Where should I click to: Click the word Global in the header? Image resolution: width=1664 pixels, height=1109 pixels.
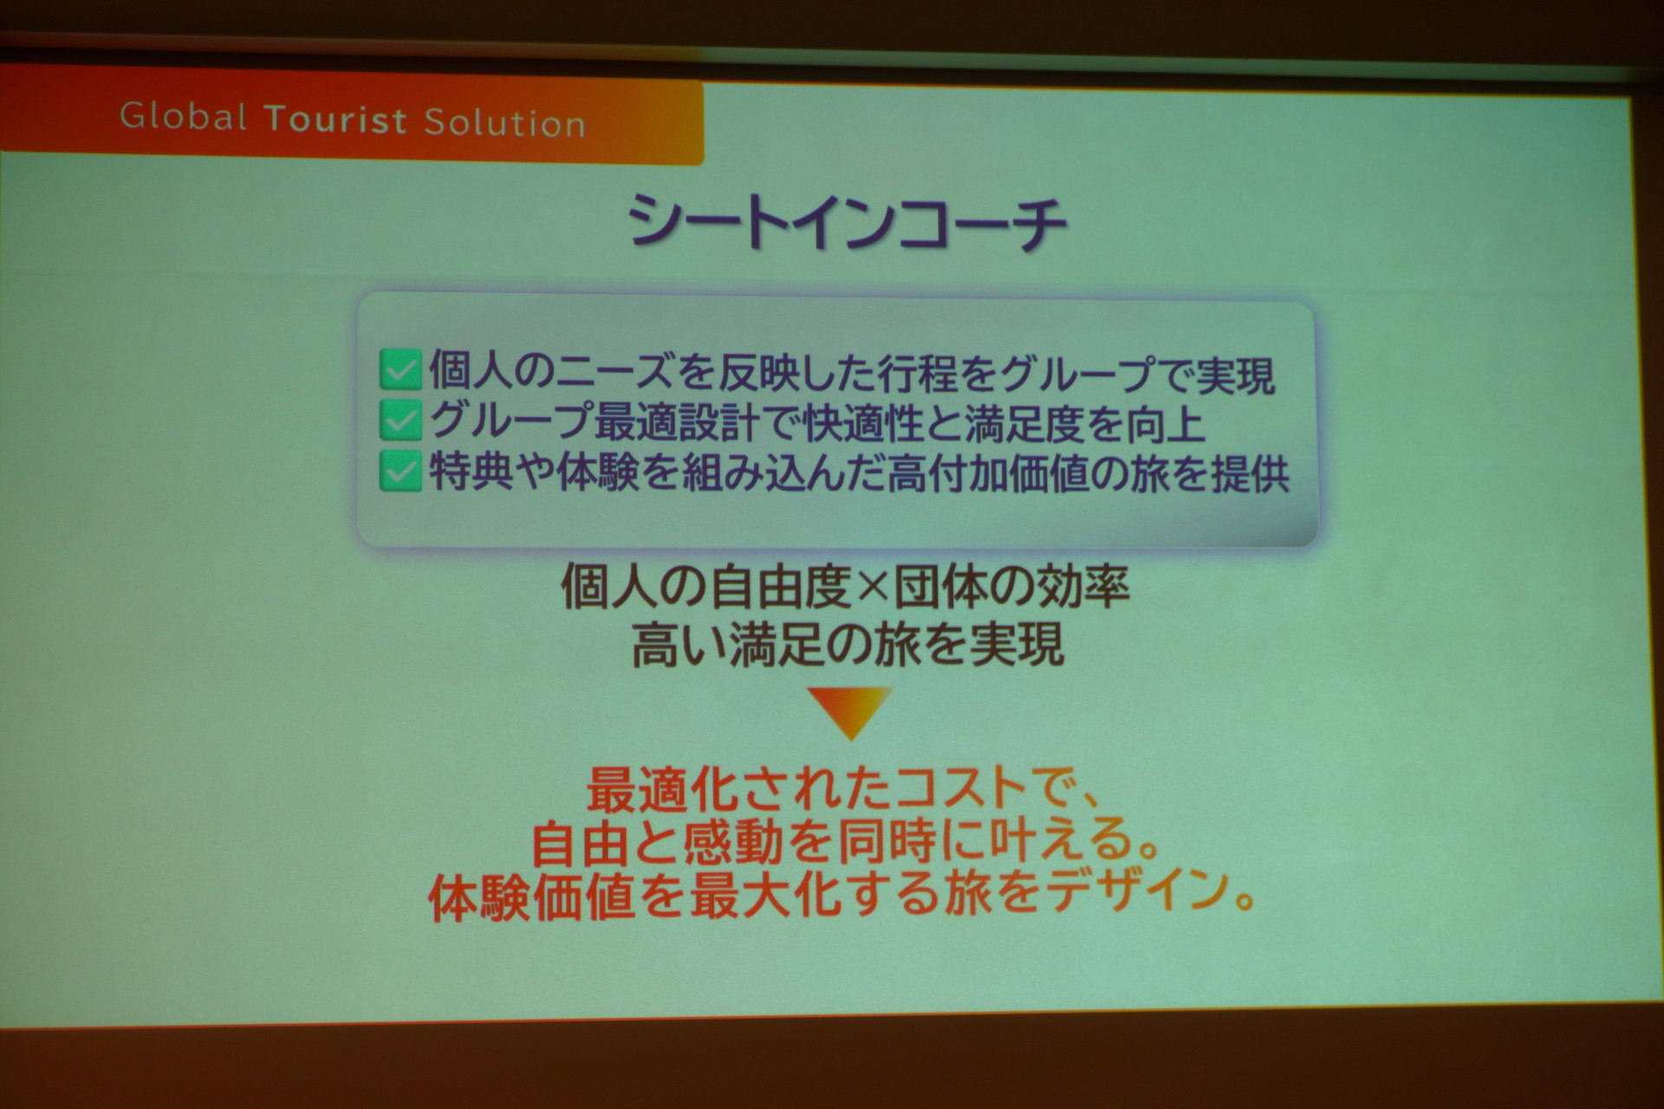point(183,116)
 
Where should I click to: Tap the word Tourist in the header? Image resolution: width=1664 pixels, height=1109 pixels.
point(335,120)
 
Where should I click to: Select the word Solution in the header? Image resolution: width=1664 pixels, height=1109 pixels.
point(504,123)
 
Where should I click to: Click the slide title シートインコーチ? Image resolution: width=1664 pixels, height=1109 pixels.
point(847,223)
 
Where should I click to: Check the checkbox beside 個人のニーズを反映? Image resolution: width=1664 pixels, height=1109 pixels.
point(400,372)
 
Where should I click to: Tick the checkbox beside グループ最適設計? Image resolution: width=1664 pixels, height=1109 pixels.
point(400,422)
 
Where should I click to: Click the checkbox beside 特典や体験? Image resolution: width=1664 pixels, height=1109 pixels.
point(400,472)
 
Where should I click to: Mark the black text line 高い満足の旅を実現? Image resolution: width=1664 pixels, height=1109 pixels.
point(847,645)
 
